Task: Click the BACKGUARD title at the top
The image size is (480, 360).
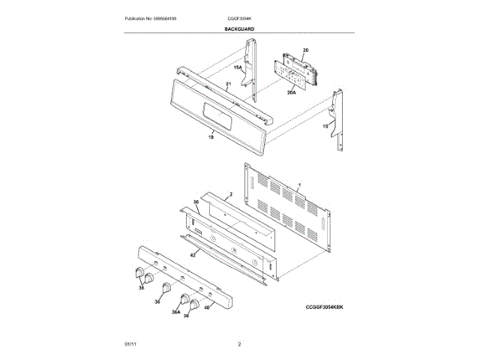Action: click(x=239, y=28)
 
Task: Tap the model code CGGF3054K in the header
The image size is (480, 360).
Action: click(x=239, y=17)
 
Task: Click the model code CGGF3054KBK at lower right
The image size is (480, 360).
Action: click(x=328, y=307)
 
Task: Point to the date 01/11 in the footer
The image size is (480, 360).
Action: click(x=130, y=344)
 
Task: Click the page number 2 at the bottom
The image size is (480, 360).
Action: click(x=239, y=344)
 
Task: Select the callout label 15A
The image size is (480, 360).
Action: click(x=238, y=68)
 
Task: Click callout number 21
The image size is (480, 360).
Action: click(x=229, y=84)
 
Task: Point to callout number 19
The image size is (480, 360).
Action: click(x=211, y=136)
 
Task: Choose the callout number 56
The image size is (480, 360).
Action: click(x=196, y=202)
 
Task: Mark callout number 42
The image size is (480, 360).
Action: click(x=193, y=256)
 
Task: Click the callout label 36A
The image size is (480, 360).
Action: click(x=175, y=312)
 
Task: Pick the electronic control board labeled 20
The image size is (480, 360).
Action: click(x=296, y=71)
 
